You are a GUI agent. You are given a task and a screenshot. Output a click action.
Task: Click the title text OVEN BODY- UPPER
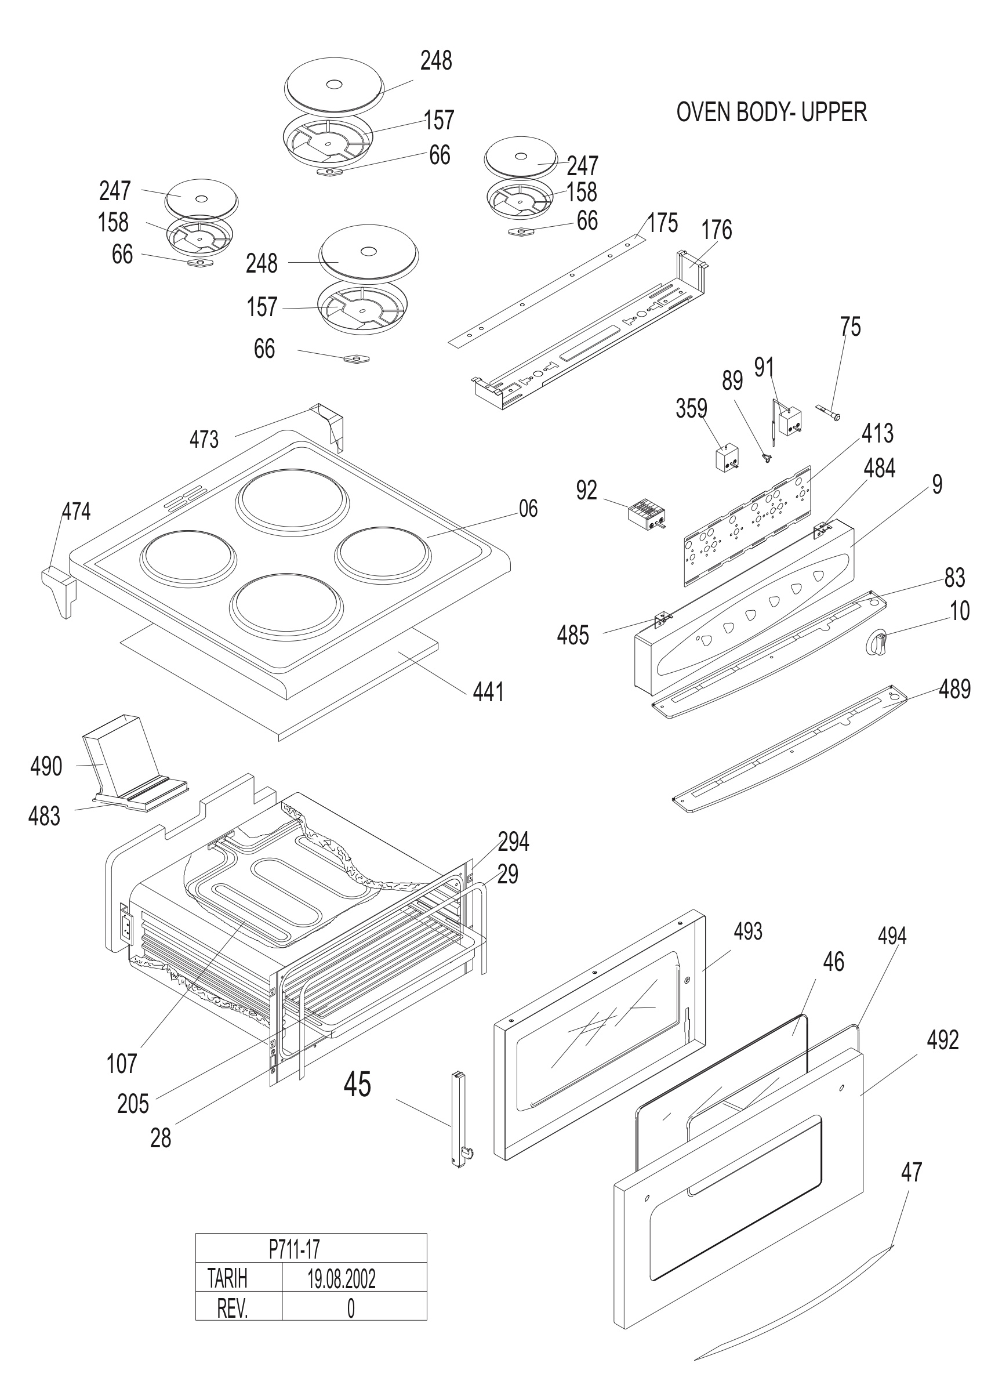coord(771,112)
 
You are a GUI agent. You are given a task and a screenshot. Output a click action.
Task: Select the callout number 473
coord(204,439)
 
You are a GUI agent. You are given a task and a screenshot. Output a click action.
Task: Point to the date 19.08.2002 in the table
coord(342,1279)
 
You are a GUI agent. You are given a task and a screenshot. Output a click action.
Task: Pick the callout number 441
coord(488,692)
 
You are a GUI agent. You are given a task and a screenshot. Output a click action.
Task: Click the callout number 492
coord(943,1041)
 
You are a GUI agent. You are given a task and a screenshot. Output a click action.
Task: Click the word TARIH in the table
coord(227,1279)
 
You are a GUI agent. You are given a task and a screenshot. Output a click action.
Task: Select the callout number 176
coord(717,230)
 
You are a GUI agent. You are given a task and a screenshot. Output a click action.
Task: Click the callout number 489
coord(955,690)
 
